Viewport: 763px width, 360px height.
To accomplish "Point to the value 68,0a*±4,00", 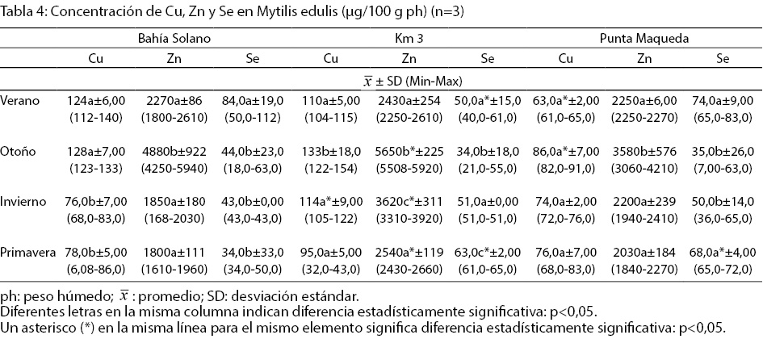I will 718,253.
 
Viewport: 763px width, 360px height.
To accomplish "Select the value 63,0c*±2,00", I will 486,253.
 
